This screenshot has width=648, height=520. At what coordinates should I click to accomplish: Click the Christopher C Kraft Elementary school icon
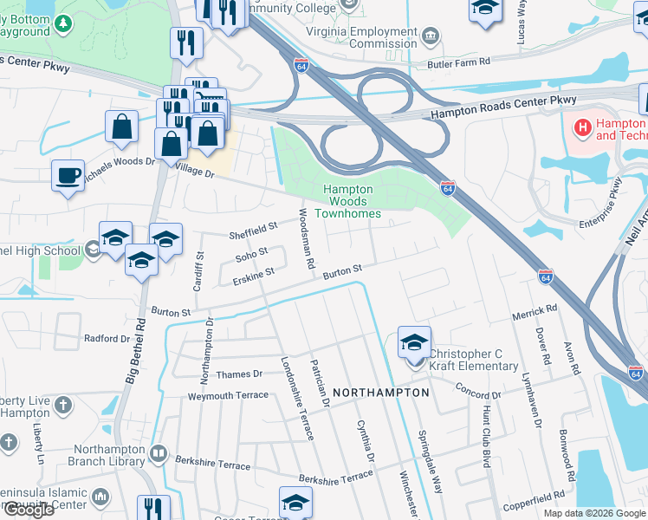[x=414, y=343]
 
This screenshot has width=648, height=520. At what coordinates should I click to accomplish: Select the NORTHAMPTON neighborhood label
[x=380, y=393]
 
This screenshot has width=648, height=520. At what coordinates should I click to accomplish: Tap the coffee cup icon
[x=68, y=177]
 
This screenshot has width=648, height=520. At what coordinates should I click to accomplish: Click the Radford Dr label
[x=107, y=339]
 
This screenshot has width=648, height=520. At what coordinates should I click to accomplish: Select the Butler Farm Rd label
[x=458, y=62]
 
